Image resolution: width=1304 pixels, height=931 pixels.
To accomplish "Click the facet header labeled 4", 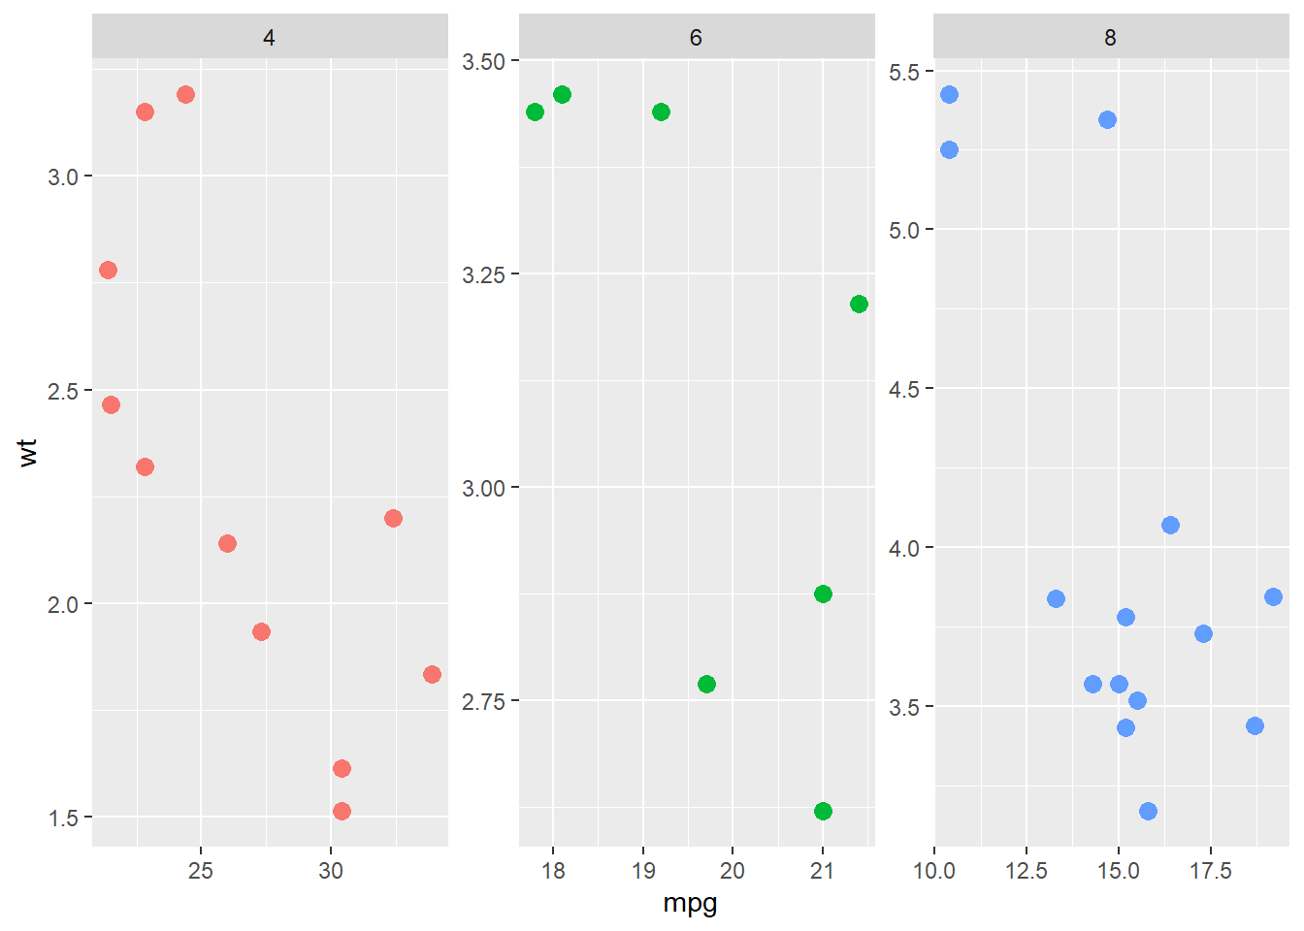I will pyautogui.click(x=269, y=38).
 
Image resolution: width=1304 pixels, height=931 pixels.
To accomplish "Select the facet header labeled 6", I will pyautogui.click(x=696, y=38).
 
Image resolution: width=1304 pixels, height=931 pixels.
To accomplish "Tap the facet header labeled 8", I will pyautogui.click(x=1110, y=38).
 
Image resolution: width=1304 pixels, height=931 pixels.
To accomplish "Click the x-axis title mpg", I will pyautogui.click(x=690, y=904).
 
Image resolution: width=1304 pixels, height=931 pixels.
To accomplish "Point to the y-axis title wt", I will pyautogui.click(x=27, y=452).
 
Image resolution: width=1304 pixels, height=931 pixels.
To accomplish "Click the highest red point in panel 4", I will pyautogui.click(x=185, y=94).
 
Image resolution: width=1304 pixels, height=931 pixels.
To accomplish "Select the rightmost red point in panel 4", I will pyautogui.click(x=432, y=674).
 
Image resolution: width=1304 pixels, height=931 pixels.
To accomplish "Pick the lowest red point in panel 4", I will pyautogui.click(x=342, y=811).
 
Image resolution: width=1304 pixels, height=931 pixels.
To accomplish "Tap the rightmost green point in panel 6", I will pyautogui.click(x=859, y=304).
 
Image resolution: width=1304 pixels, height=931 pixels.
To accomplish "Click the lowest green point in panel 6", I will pyautogui.click(x=823, y=811).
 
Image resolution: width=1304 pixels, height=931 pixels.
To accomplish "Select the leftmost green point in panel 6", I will pyautogui.click(x=535, y=112).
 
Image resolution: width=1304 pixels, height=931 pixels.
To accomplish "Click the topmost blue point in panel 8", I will pyautogui.click(x=949, y=94).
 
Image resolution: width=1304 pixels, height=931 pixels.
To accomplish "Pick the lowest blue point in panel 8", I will pyautogui.click(x=1148, y=811).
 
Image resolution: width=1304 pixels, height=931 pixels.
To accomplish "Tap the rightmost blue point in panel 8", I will pyautogui.click(x=1273, y=596).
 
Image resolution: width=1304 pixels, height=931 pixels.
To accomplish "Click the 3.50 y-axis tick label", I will pyautogui.click(x=483, y=62).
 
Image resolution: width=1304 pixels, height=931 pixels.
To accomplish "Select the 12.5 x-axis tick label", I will pyautogui.click(x=1026, y=871).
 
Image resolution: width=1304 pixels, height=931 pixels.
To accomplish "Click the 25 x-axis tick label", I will pyautogui.click(x=201, y=871).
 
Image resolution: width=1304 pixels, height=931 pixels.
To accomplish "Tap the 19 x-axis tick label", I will pyautogui.click(x=642, y=871).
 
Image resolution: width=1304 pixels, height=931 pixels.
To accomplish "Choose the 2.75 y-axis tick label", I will pyautogui.click(x=483, y=701).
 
